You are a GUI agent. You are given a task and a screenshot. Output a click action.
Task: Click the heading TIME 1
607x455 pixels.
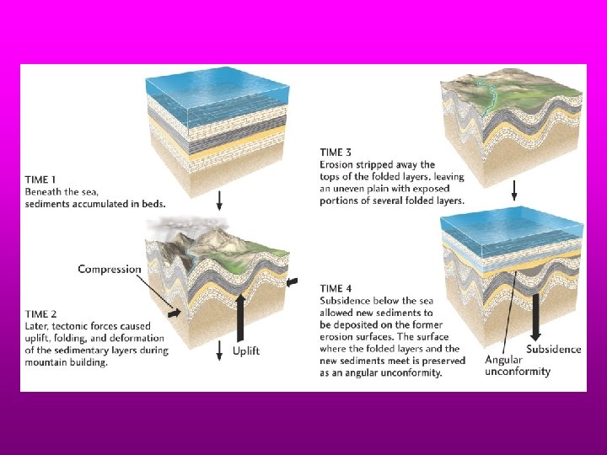coord(40,179)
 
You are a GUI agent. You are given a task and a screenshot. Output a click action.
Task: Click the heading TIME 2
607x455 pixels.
coord(41,313)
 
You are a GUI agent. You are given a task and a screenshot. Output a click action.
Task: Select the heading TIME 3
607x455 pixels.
coord(336,152)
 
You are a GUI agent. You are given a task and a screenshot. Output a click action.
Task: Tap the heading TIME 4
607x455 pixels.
coord(336,288)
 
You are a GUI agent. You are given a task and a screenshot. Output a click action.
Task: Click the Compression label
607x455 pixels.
coord(110,270)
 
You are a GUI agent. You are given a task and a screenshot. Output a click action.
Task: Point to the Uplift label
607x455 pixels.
coord(246,351)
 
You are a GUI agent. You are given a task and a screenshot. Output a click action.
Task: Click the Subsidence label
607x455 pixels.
coord(554,349)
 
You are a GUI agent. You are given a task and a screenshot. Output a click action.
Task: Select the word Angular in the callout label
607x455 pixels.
coord(503,361)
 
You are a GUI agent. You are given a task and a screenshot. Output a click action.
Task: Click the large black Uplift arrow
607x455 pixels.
coord(240,318)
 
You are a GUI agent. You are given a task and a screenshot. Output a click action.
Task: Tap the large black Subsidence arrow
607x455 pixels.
coord(536,318)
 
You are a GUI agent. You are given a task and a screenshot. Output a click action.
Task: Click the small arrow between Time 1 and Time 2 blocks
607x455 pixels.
coord(219,201)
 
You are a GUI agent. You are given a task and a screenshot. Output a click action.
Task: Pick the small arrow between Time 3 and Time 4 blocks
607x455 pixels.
coord(514,190)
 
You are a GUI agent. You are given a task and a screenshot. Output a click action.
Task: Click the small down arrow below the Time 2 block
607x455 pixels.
coord(219,351)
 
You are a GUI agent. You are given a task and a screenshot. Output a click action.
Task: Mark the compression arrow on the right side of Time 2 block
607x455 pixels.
coord(293,282)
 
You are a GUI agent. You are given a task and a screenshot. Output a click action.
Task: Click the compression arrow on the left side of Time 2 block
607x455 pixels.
coord(175,313)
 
